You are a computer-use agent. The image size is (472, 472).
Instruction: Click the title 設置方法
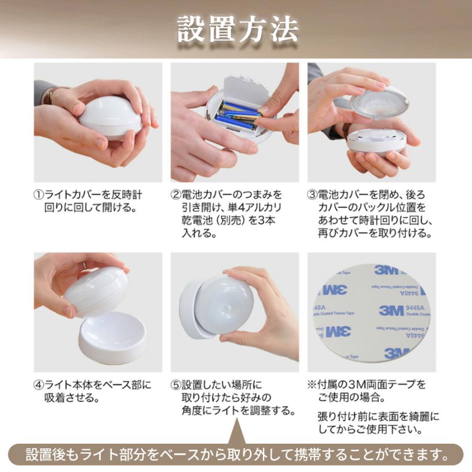coord(237,30)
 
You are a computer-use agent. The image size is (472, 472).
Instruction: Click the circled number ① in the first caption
coord(39,195)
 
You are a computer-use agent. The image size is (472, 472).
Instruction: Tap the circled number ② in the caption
coord(176,195)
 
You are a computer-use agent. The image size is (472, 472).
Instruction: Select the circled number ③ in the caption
coord(313,195)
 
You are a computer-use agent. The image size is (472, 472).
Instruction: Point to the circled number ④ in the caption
coord(39,385)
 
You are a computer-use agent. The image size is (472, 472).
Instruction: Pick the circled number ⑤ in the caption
coord(176,385)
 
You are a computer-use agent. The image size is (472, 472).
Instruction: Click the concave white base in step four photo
coord(112,344)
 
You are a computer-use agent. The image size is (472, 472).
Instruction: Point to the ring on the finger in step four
coord(83,266)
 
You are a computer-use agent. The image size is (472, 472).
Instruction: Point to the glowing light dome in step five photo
coord(228,304)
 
